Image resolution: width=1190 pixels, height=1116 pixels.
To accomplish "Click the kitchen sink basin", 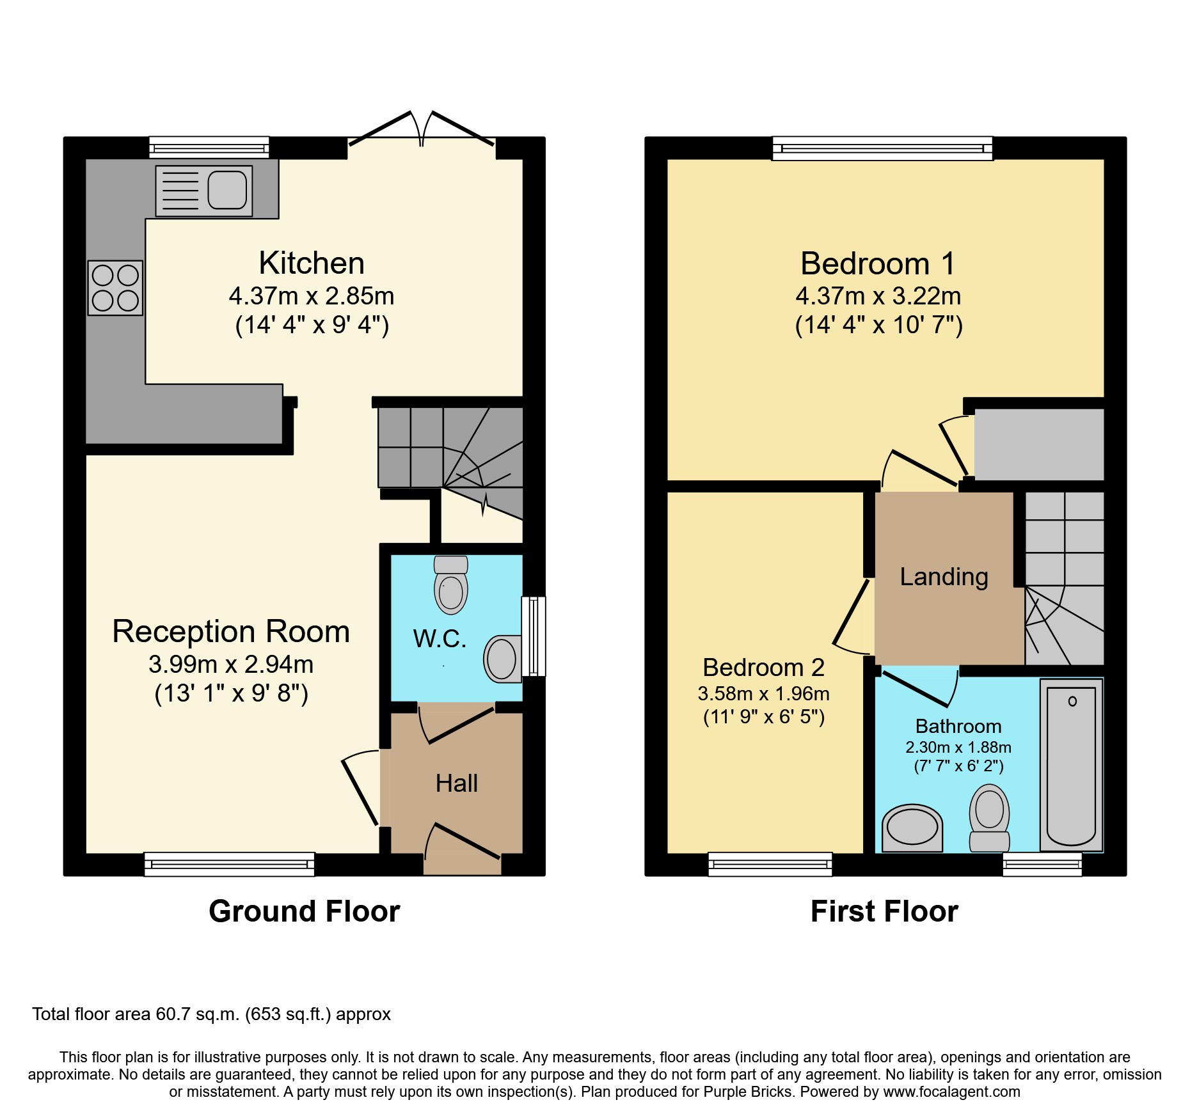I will [227, 190].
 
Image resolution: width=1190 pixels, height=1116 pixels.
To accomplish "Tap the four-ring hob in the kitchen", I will [115, 288].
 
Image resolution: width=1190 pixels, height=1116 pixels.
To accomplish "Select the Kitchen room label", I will [312, 263].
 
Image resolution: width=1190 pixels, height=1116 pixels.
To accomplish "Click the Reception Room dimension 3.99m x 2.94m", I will [231, 664].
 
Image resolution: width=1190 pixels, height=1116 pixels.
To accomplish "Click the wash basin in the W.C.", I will [502, 659].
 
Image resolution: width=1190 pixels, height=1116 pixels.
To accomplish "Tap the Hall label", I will [456, 783].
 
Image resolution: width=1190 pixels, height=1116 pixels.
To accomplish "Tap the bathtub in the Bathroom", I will [1071, 764].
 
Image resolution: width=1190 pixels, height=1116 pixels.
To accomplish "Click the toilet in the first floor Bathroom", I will [989, 817].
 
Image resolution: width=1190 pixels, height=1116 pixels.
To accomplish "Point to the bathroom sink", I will [912, 828].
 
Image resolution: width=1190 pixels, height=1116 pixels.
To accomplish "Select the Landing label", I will [944, 577].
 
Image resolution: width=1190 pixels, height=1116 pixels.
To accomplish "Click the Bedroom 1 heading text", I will [878, 263].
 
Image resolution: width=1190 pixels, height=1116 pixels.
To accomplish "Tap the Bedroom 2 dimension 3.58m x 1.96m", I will [763, 694].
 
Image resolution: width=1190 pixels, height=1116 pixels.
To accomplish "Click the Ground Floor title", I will [304, 911].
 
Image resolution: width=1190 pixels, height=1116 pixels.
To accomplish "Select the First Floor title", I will [884, 911].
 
